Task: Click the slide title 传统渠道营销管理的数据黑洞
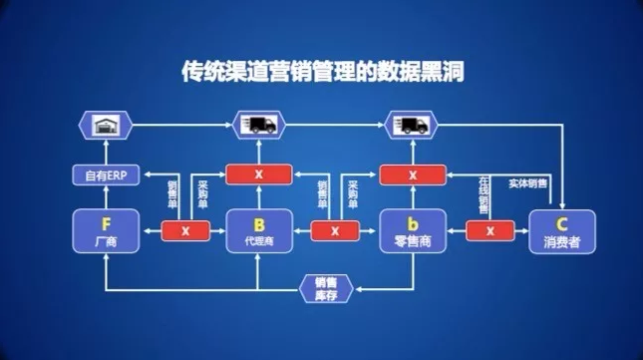click(x=322, y=72)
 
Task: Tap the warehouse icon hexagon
click(x=104, y=125)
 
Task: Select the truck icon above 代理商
click(x=259, y=125)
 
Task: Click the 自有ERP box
click(x=104, y=176)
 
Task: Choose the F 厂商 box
click(x=104, y=230)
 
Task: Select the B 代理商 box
click(x=258, y=230)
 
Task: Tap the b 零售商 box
click(x=411, y=230)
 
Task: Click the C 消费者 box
click(x=561, y=230)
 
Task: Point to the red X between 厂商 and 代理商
click(x=184, y=231)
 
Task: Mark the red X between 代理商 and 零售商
click(x=335, y=231)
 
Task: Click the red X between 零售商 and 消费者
click(x=489, y=231)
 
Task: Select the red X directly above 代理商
click(x=258, y=175)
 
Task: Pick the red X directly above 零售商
click(x=411, y=175)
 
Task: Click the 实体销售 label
click(x=529, y=183)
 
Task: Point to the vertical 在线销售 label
click(x=483, y=192)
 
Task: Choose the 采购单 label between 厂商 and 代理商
click(x=203, y=192)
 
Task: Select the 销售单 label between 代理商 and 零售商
click(x=322, y=192)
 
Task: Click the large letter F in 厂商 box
click(x=104, y=221)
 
